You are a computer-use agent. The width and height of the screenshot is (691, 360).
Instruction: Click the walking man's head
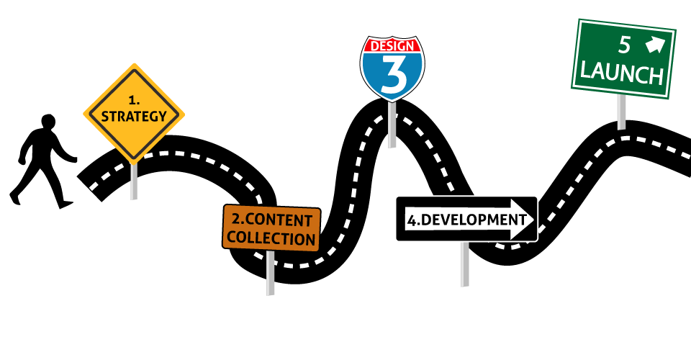(48, 122)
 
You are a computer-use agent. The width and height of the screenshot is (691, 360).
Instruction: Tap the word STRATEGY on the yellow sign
(134, 117)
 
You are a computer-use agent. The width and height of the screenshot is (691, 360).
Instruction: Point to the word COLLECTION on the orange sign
(271, 238)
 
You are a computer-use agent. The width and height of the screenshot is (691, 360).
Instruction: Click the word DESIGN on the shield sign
(392, 46)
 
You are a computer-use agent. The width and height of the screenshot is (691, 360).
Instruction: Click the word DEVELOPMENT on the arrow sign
(474, 220)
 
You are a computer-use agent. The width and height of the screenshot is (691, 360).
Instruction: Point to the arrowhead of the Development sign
(523, 220)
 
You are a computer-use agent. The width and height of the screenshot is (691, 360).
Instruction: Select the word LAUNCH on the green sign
(621, 73)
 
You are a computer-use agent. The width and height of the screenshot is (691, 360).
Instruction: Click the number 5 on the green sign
(625, 45)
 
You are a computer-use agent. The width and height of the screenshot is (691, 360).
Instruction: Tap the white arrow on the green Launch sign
(655, 45)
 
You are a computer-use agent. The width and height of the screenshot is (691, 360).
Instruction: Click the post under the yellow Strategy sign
(134, 181)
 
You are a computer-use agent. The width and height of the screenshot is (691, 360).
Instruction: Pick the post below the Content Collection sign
(271, 273)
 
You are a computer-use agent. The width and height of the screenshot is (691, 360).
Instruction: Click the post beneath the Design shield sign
(392, 125)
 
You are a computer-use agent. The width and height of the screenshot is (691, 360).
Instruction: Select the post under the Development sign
(464, 264)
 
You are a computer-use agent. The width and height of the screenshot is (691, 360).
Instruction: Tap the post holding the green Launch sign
(621, 112)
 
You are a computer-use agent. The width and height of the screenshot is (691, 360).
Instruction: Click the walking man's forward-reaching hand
(73, 160)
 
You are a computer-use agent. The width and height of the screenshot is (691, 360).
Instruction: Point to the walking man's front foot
(66, 204)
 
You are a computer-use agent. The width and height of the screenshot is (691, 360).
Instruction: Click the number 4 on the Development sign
(412, 221)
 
